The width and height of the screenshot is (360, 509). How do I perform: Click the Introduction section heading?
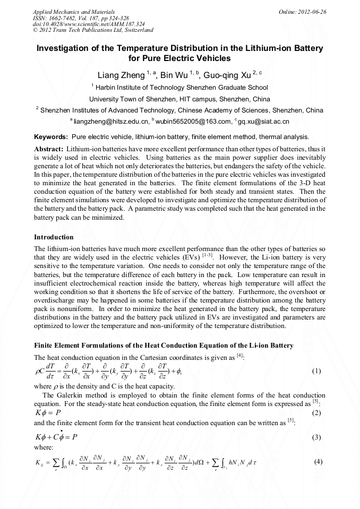(54, 237)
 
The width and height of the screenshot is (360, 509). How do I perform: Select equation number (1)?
(316, 370)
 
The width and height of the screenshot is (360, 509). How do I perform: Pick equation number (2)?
(316, 413)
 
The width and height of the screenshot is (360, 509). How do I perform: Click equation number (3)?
(316, 437)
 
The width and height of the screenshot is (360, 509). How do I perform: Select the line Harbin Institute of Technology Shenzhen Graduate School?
(180, 88)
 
